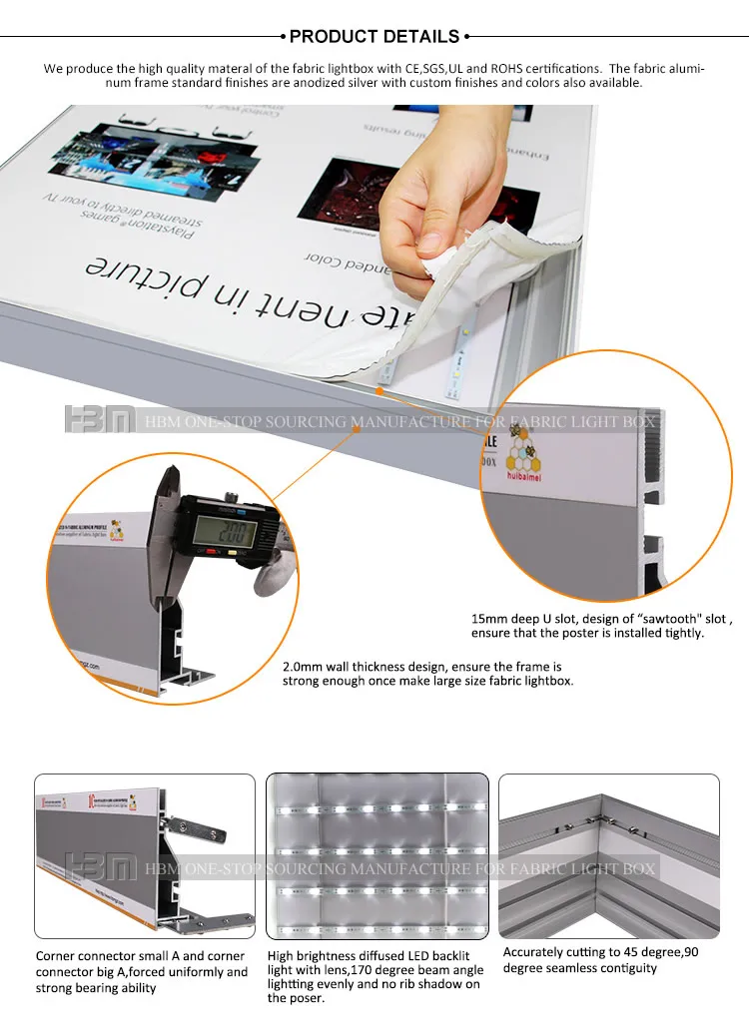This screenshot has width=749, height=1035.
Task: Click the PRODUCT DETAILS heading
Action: point(374,37)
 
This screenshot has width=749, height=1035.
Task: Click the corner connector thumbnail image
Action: point(145,855)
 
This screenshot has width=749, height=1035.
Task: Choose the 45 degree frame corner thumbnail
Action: point(609,855)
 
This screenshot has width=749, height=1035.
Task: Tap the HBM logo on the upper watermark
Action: point(99,420)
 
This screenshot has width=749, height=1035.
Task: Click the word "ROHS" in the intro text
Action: point(508,69)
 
